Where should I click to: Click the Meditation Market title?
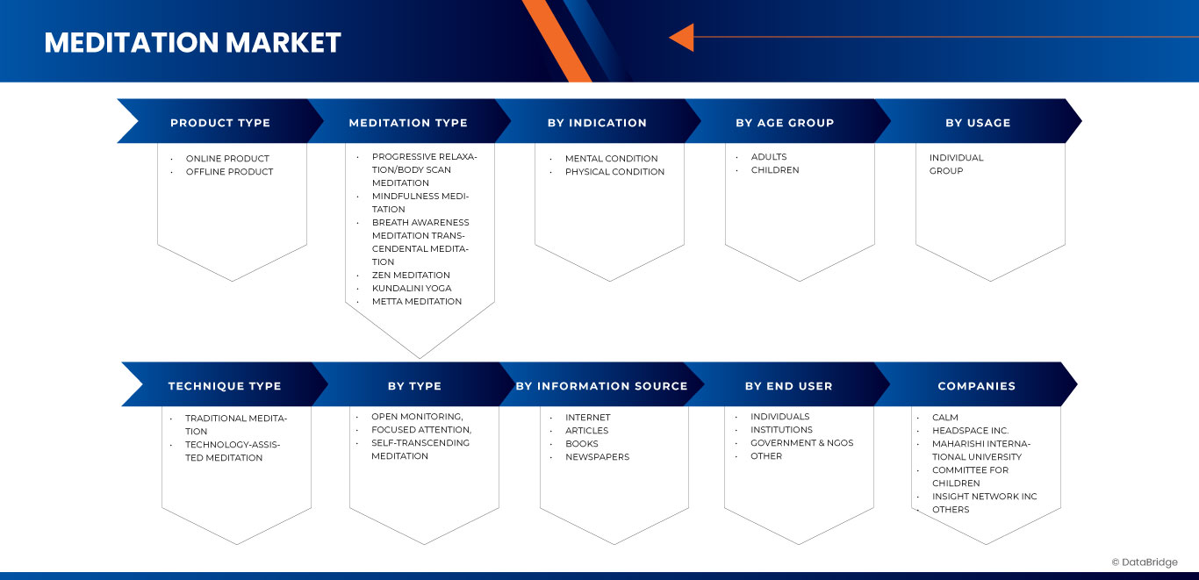[x=193, y=42]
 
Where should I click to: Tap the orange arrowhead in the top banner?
[x=682, y=38]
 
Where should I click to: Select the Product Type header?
[x=220, y=123]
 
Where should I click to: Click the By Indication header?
[x=597, y=123]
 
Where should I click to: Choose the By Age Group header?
[x=785, y=123]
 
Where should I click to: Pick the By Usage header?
[x=978, y=123]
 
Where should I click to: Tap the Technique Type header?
[x=225, y=386]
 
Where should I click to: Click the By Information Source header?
[x=601, y=386]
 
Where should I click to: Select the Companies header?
[x=976, y=386]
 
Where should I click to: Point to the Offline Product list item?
[x=229, y=172]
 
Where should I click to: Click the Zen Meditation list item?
[x=411, y=275]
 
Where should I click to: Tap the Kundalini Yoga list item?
[x=412, y=289]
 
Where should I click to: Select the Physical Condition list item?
[x=614, y=172]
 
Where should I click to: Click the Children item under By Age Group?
[x=774, y=170]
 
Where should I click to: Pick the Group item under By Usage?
[x=946, y=171]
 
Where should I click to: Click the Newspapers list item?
[x=597, y=457]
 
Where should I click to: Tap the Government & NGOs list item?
[x=802, y=443]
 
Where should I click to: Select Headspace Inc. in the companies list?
[x=970, y=431]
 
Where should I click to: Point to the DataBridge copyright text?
[x=1145, y=562]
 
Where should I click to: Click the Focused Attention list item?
[x=421, y=430]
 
